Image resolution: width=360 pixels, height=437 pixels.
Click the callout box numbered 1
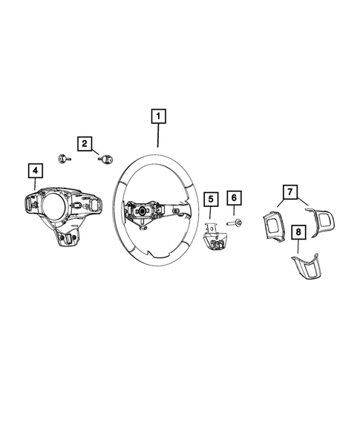[x=158, y=116]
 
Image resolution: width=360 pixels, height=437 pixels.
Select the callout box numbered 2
[x=85, y=142]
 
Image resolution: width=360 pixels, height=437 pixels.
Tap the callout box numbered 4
[x=33, y=171]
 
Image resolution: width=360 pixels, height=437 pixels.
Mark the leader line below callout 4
[x=34, y=185]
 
